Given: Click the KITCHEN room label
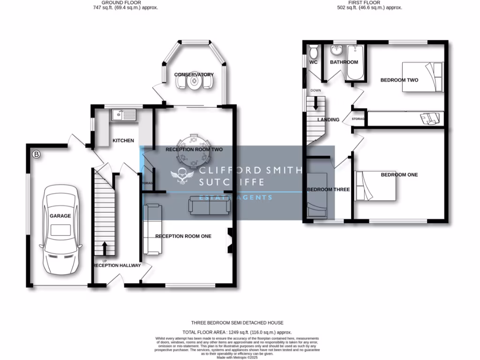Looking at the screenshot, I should pos(123,141).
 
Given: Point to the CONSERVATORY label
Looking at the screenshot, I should pos(194,75).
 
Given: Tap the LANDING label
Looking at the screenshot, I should pos(328,120).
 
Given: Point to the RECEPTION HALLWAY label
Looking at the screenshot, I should pos(117,265).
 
